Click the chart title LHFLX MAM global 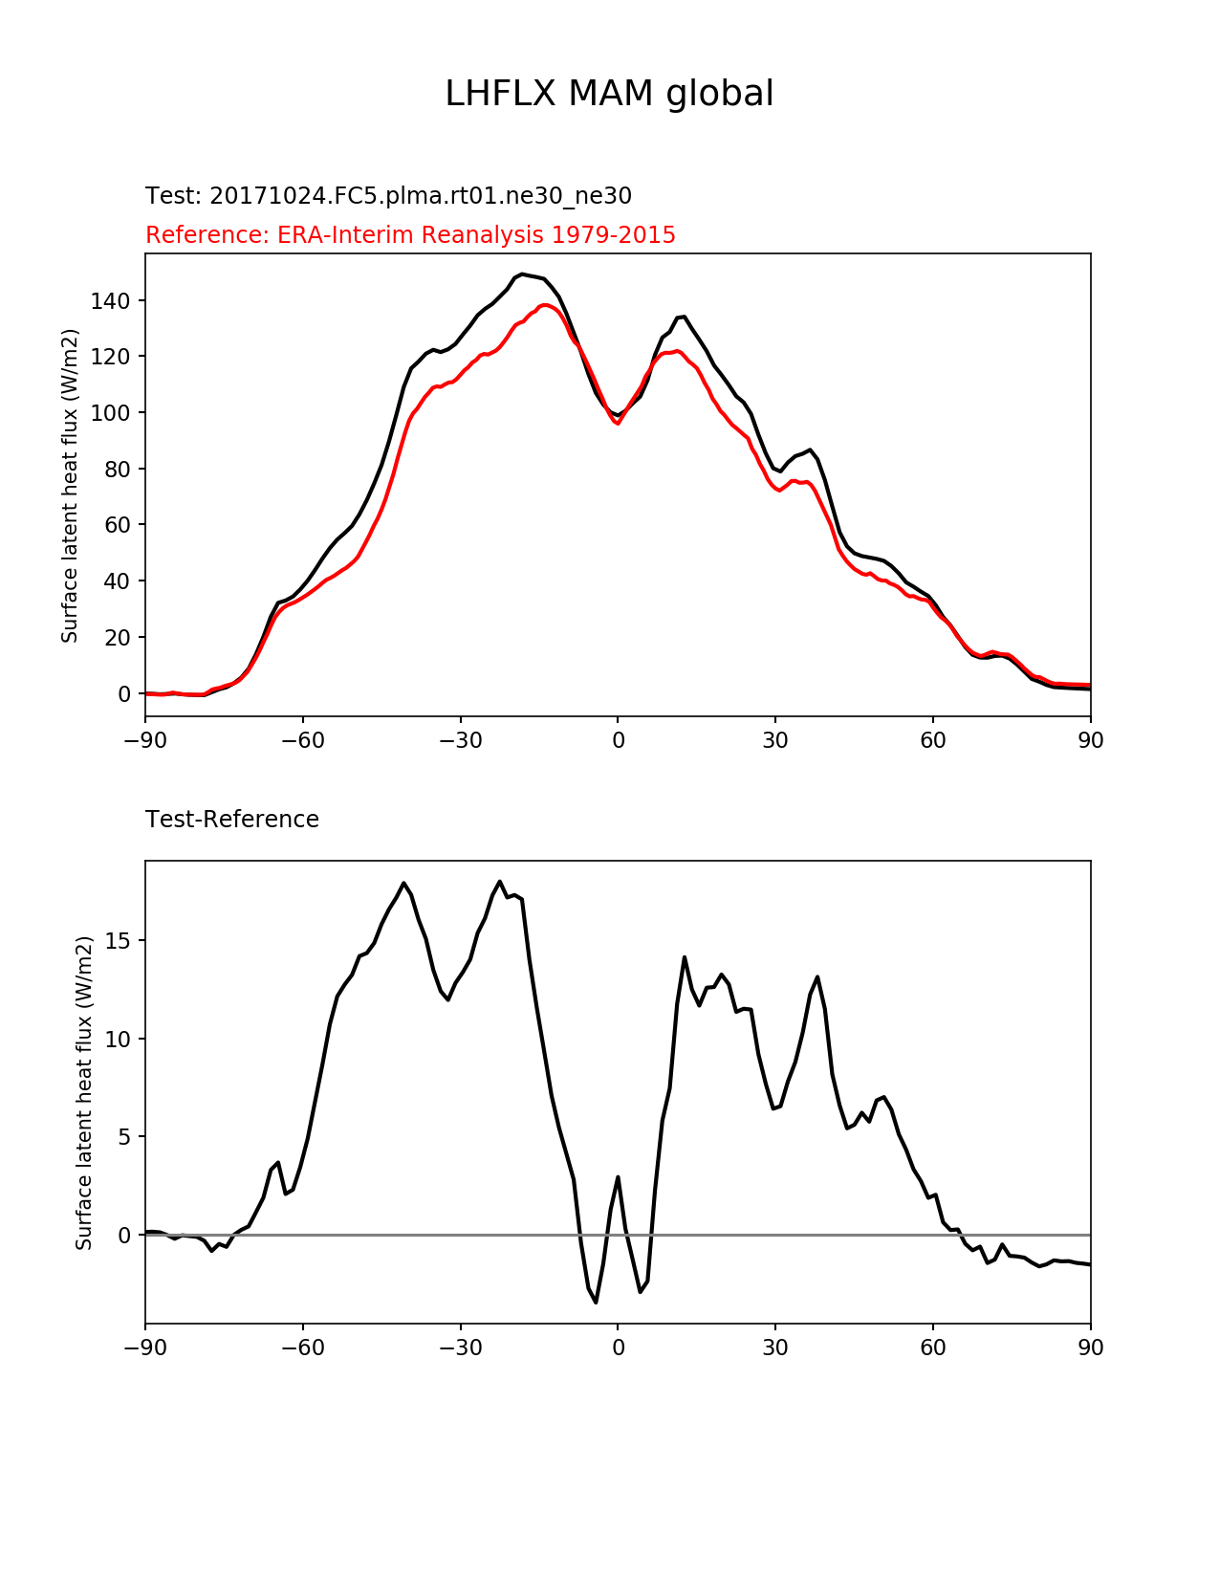coord(609,94)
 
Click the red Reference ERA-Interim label coord(410,235)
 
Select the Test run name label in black coord(388,196)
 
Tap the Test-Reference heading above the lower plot coord(232,820)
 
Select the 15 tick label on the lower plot coord(118,941)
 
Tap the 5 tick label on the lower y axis coord(124,1137)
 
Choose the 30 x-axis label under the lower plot coord(775,1348)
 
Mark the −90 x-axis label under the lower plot coord(145,1348)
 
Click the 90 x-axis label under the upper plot coord(1091,741)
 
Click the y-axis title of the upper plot coord(70,486)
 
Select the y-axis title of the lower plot coord(84,1093)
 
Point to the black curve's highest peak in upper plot coord(522,274)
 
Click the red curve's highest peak coord(545,305)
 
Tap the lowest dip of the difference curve coord(596,1302)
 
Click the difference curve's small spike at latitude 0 coord(618,1177)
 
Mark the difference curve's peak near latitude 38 coord(817,977)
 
